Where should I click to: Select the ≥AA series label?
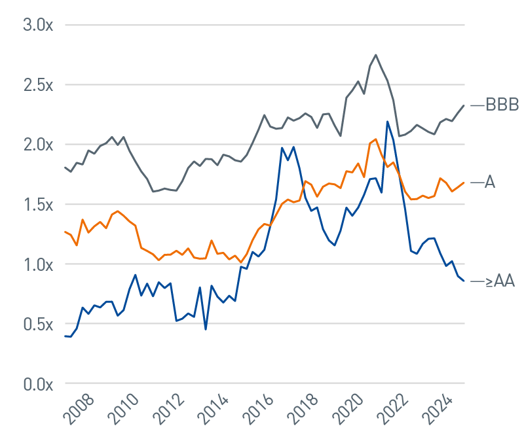tap(499, 282)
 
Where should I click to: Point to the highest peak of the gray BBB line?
tap(375, 55)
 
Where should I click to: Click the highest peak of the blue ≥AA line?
tap(388, 121)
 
